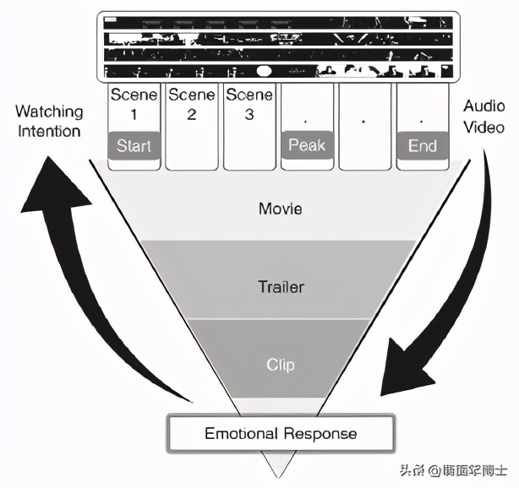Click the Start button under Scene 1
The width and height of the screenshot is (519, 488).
coord(134,145)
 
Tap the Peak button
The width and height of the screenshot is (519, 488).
coord(306,145)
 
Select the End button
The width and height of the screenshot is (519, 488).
coord(422,145)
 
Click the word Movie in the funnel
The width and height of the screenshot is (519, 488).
coord(281,208)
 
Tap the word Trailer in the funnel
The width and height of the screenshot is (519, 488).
coord(281,287)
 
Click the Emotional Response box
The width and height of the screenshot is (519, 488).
coord(281,434)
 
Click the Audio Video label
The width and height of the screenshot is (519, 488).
coord(484,117)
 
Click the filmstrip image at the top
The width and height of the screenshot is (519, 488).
coord(279,46)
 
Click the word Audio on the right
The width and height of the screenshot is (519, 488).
coord(484,106)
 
